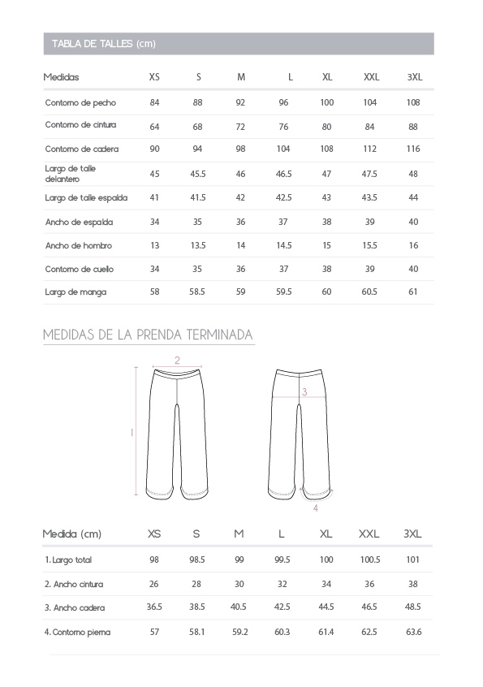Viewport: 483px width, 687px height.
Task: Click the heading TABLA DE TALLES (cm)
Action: tap(103, 44)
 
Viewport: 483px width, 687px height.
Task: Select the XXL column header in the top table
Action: tap(371, 77)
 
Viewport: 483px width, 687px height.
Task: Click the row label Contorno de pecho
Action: tap(80, 102)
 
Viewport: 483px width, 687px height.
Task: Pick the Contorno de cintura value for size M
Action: tap(240, 127)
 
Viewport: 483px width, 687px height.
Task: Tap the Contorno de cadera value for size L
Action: tap(283, 150)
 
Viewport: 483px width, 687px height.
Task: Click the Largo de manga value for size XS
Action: tap(154, 292)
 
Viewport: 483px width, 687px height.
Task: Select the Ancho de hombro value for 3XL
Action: tap(413, 245)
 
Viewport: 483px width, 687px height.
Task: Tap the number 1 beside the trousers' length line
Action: tap(132, 433)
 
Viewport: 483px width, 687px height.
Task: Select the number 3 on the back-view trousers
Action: tap(304, 391)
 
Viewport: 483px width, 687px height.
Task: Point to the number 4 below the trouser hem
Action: tap(315, 508)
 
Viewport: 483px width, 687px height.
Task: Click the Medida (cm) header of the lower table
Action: tap(72, 534)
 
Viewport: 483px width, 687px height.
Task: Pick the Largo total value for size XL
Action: tap(326, 560)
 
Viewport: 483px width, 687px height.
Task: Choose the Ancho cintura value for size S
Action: tap(196, 584)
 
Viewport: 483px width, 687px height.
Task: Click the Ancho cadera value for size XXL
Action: tap(369, 607)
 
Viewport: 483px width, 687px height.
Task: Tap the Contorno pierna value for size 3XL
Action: tap(412, 632)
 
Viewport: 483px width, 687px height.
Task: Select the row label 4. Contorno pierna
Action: tap(78, 632)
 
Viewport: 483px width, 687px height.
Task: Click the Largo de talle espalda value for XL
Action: tap(326, 197)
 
